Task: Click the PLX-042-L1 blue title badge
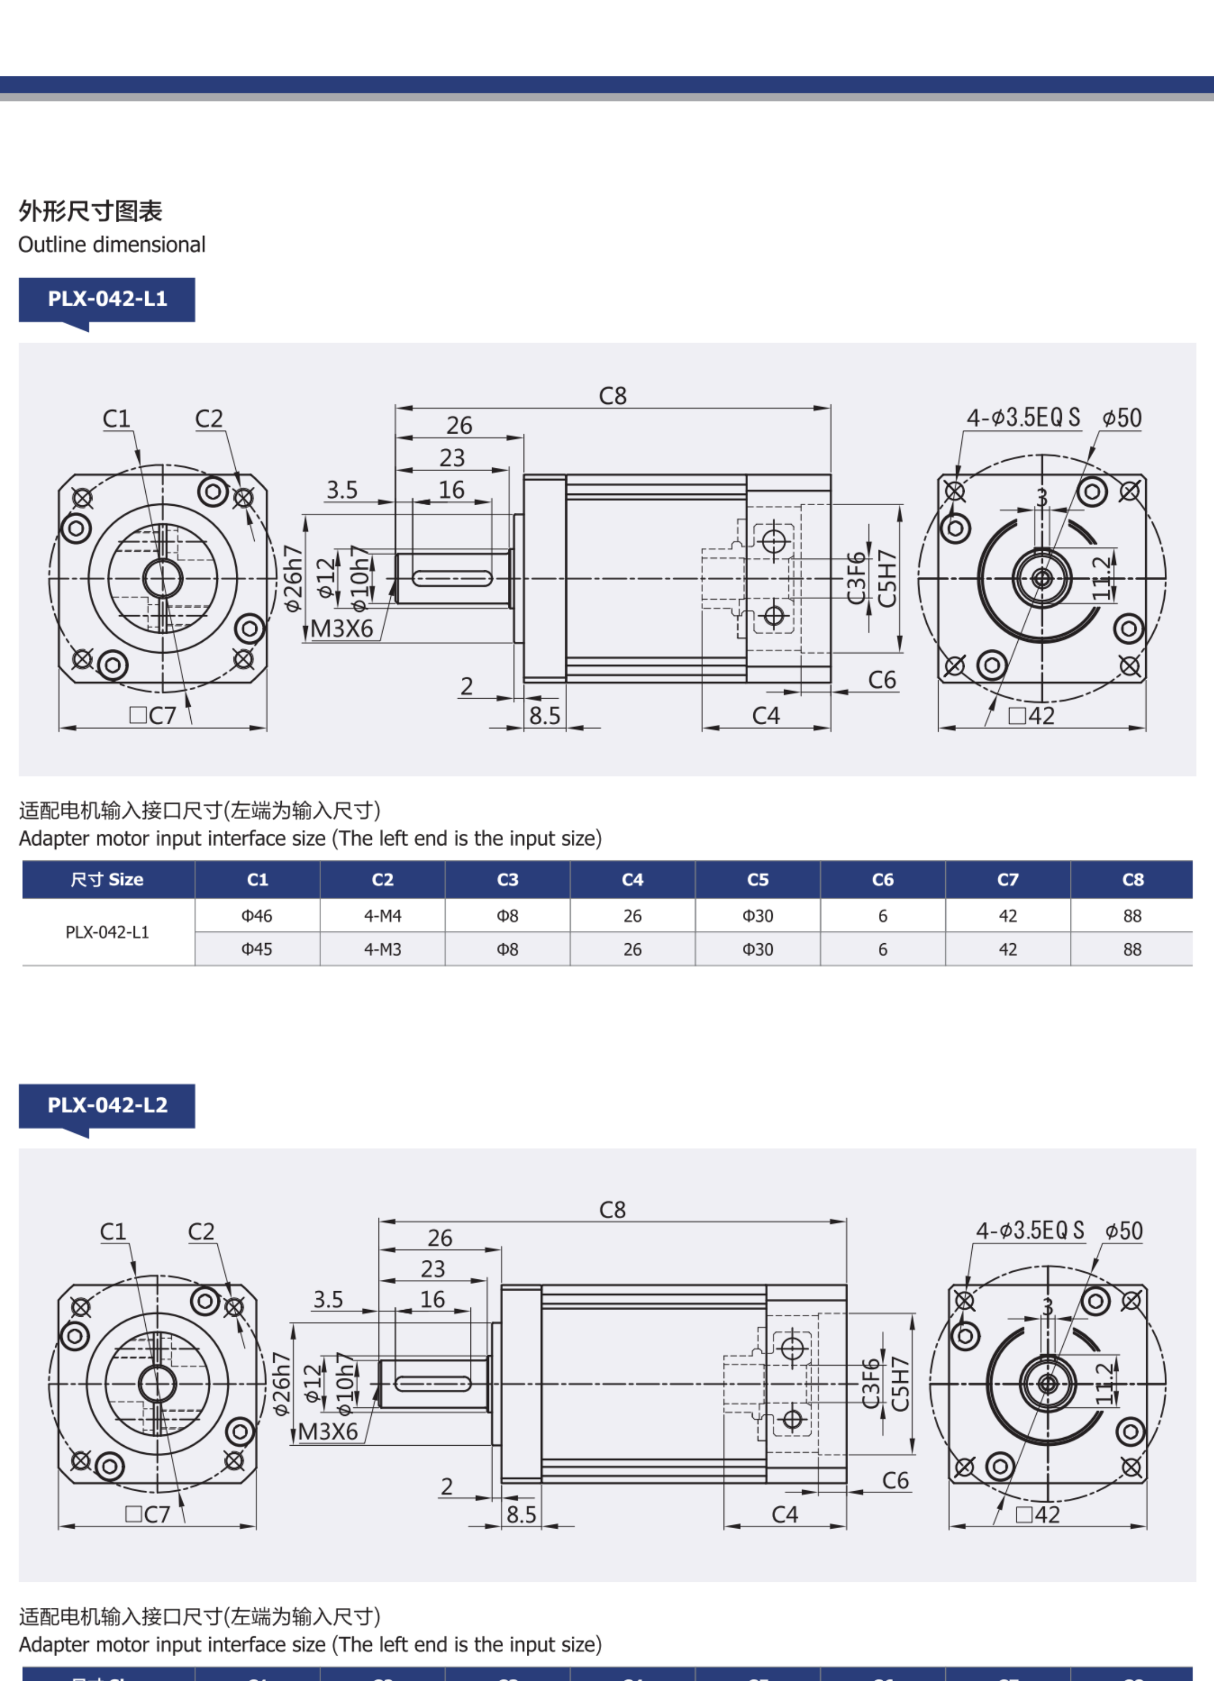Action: tap(107, 299)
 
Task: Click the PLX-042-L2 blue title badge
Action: tap(107, 1105)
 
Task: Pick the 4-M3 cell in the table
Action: tap(383, 949)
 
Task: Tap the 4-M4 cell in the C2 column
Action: tap(383, 916)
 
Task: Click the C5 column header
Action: tap(758, 880)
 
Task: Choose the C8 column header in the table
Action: tap(1133, 880)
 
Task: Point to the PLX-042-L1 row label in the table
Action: tap(107, 932)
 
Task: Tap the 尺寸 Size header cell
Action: tap(107, 880)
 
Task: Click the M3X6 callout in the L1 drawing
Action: tap(341, 628)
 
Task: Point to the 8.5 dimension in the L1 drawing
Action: tap(545, 716)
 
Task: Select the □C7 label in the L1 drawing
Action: tap(153, 716)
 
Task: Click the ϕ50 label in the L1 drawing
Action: tap(1121, 418)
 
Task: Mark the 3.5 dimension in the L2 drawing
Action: tap(328, 1300)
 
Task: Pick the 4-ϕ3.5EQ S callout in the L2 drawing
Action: tap(1029, 1231)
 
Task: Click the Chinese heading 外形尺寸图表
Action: tap(91, 211)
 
